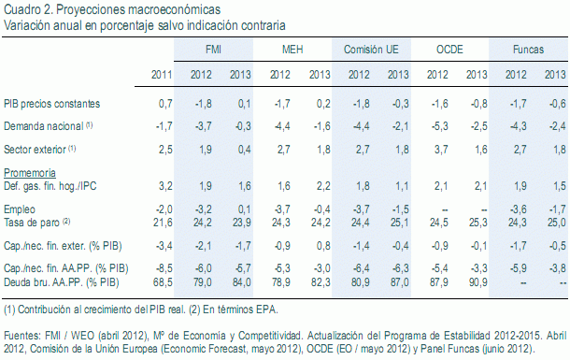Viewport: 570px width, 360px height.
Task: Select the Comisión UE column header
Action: [371, 48]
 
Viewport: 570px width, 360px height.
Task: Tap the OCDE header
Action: [450, 48]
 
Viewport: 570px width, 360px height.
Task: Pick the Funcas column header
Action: [529, 48]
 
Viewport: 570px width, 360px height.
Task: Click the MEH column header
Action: [292, 48]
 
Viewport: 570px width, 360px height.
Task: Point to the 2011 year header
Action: [162, 74]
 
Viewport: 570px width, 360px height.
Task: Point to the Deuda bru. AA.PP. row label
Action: [61, 281]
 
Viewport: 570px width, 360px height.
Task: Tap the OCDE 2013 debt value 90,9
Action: [477, 281]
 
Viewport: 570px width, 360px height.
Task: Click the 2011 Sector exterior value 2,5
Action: [165, 148]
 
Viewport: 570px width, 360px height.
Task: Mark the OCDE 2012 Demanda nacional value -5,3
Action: [435, 124]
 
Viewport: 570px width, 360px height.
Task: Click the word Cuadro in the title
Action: [21, 9]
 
